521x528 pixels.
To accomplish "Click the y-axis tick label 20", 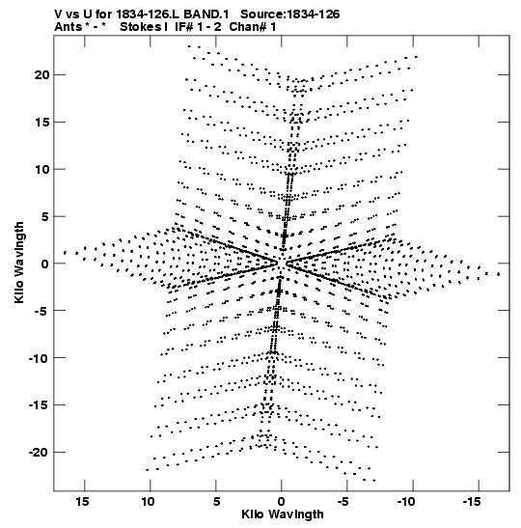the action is [41, 74].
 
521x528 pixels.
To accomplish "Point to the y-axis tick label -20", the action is [39, 452].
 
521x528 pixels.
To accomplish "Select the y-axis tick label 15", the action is [41, 122].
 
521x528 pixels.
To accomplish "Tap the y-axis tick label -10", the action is [39, 357].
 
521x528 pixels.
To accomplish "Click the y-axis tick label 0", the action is [45, 264].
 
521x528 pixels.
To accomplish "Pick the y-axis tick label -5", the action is [41, 311].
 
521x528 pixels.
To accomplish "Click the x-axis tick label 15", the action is [82, 502].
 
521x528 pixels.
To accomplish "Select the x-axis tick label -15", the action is [471, 502].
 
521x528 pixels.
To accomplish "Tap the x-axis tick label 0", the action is [282, 502].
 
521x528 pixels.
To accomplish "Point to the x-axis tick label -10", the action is [405, 502].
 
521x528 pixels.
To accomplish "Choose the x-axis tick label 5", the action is [216, 502].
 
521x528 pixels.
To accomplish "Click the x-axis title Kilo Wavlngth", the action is [283, 514].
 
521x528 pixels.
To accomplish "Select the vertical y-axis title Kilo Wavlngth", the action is [19, 263].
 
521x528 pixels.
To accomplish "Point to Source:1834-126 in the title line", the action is [290, 14].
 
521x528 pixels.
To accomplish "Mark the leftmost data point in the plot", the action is [65, 252].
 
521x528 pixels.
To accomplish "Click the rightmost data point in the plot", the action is [499, 274].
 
